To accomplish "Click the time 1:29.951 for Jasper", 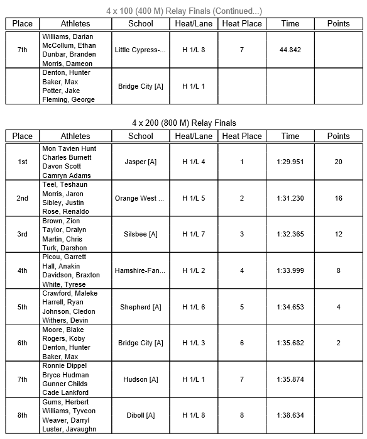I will [x=290, y=162].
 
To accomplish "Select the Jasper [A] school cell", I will [x=140, y=162].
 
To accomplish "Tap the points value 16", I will [x=338, y=198].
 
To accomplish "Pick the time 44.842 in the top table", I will [x=290, y=50].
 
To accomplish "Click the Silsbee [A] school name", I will [x=140, y=234].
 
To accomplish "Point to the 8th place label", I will [x=23, y=415].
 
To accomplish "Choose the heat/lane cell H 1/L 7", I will [x=194, y=234].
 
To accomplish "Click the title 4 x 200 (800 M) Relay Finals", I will [x=183, y=123].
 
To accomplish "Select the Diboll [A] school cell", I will [x=140, y=415].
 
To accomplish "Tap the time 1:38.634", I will [x=290, y=415].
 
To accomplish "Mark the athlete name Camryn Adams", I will [x=66, y=175].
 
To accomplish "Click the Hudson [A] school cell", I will [x=140, y=379].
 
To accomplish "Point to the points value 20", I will [x=338, y=162].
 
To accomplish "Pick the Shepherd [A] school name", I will [x=140, y=307].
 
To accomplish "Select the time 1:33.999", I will [x=290, y=270].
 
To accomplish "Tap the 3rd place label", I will [x=23, y=234].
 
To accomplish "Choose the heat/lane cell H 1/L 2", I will [x=194, y=270].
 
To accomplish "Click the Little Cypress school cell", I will [x=140, y=50].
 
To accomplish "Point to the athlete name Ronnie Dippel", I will [x=64, y=365].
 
